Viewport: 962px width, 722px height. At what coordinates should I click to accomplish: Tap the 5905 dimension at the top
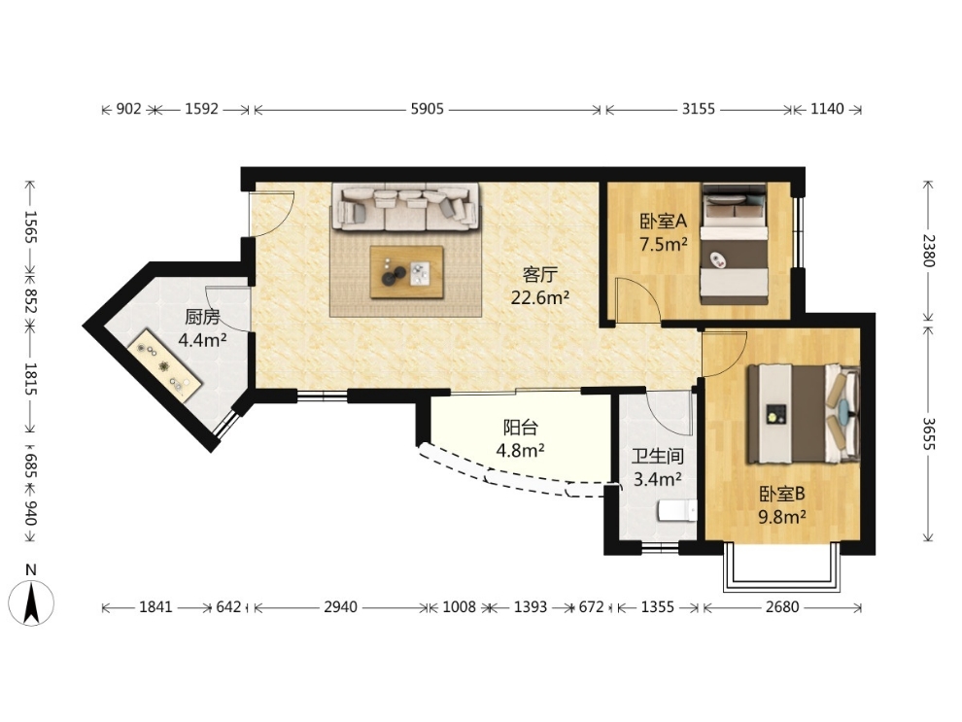pyautogui.click(x=427, y=109)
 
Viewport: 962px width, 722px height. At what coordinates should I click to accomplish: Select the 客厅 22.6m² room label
pyautogui.click(x=540, y=286)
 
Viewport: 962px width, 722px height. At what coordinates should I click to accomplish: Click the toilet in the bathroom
pyautogui.click(x=677, y=510)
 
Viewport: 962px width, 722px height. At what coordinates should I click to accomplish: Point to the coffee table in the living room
pyautogui.click(x=407, y=272)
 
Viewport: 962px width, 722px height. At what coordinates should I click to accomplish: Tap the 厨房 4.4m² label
pyautogui.click(x=202, y=328)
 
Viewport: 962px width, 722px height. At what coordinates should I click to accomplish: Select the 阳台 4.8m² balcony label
pyautogui.click(x=520, y=438)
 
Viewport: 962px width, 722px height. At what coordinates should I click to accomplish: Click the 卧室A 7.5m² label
pyautogui.click(x=664, y=232)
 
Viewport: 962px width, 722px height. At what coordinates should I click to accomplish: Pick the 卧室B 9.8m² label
pyautogui.click(x=782, y=505)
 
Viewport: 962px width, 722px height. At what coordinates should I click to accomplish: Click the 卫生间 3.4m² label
pyautogui.click(x=658, y=467)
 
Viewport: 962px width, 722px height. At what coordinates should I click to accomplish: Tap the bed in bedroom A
pyautogui.click(x=735, y=244)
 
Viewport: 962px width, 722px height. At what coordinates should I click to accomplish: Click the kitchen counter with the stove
pyautogui.click(x=165, y=365)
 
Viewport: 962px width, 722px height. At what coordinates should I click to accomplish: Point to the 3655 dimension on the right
pyautogui.click(x=928, y=433)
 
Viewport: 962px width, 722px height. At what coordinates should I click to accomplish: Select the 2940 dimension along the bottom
pyautogui.click(x=340, y=607)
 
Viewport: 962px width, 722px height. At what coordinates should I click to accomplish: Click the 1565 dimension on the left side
pyautogui.click(x=30, y=226)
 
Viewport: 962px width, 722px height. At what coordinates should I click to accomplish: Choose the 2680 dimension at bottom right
pyautogui.click(x=782, y=607)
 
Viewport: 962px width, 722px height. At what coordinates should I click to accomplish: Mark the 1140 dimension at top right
pyautogui.click(x=827, y=109)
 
